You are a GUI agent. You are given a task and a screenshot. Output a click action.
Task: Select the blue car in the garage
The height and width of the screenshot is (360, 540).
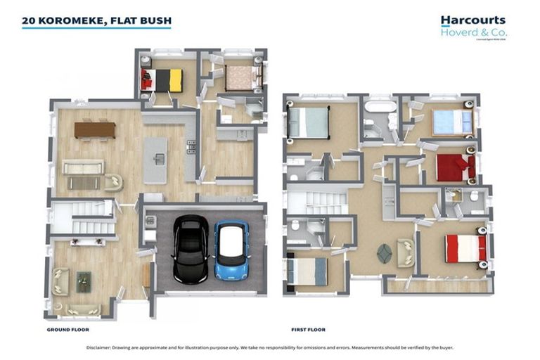point(231,251)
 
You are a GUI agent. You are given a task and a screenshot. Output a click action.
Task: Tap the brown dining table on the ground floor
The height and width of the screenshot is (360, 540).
point(94,129)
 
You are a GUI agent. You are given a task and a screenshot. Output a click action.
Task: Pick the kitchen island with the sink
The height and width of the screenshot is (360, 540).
point(156,160)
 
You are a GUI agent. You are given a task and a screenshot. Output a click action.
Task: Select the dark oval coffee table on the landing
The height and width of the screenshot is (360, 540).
point(385,252)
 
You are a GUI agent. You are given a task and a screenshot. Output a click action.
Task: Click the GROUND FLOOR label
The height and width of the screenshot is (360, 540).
point(67,329)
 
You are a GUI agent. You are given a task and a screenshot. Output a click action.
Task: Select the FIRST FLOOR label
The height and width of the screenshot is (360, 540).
point(308,329)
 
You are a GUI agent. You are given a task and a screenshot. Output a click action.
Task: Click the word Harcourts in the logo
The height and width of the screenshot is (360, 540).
point(472,21)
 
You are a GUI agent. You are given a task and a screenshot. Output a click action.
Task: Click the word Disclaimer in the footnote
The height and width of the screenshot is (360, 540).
point(102,347)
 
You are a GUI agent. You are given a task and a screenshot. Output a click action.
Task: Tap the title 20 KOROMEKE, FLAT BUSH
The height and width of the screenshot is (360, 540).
point(96,21)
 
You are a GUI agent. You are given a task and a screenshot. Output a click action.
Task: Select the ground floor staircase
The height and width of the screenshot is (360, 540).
point(84,217)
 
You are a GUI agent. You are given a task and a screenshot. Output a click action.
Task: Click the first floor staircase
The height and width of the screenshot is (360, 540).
point(316,202)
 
